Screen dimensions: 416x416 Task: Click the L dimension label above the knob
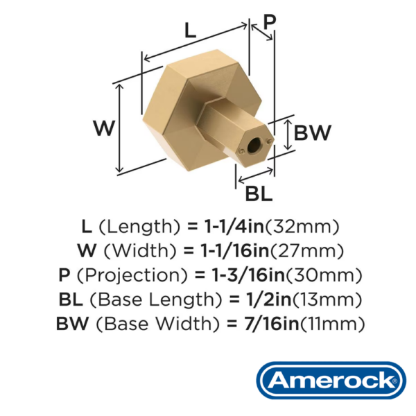click(190, 31)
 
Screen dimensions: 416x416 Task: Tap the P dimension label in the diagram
click(270, 21)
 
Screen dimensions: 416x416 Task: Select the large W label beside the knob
click(104, 128)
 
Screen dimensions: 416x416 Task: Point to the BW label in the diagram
click(313, 132)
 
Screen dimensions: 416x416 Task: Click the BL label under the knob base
click(259, 194)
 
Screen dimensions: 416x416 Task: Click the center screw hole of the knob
click(254, 145)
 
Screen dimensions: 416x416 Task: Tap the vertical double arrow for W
click(120, 128)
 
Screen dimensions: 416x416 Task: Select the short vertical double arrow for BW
click(288, 135)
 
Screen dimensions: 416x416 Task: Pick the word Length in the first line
click(139, 227)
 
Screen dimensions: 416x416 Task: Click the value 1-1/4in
click(234, 227)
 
